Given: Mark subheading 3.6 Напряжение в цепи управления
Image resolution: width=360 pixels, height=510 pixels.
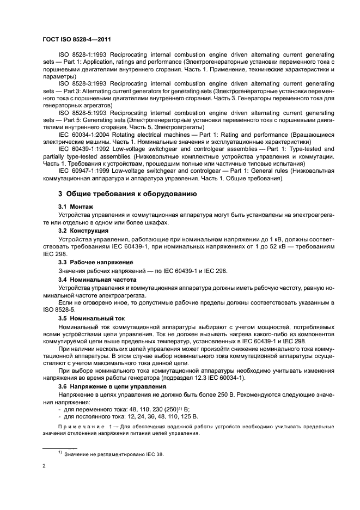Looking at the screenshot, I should tap(113, 386).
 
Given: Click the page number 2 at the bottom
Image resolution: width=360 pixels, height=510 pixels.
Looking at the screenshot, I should tap(45, 466).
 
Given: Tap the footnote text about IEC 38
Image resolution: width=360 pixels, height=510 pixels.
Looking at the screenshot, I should tap(114, 454).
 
